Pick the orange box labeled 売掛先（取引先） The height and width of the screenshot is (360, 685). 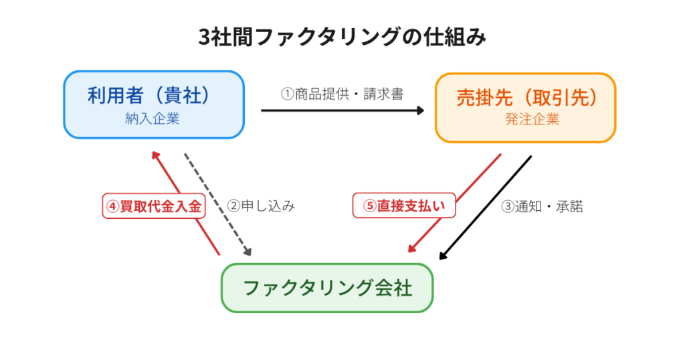[x=525, y=108]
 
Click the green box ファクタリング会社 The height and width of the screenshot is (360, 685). [x=327, y=288]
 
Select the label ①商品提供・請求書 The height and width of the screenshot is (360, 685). [x=342, y=94]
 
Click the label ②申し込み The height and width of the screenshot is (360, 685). [x=261, y=205]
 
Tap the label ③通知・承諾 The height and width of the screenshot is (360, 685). [x=542, y=206]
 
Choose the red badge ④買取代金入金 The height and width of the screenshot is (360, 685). [x=153, y=205]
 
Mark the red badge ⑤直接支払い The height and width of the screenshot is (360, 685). [x=403, y=205]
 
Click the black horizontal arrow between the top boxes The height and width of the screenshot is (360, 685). [x=341, y=110]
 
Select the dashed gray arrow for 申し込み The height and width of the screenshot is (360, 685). [x=217, y=205]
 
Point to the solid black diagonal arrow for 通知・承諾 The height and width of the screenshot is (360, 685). [x=486, y=207]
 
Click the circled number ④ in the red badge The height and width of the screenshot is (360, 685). [x=112, y=206]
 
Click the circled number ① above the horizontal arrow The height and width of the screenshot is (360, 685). [x=287, y=94]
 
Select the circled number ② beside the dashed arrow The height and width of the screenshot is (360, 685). [x=234, y=206]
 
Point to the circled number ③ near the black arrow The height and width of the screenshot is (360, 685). [x=508, y=207]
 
